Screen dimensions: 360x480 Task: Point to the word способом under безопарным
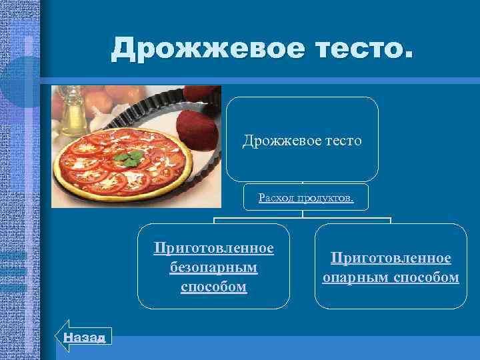tap(213, 287)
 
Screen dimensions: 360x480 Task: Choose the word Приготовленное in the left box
tap(213, 248)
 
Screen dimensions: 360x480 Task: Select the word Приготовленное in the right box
tap(391, 258)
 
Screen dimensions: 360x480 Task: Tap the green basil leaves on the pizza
tap(128, 157)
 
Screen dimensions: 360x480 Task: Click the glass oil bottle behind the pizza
tap(69, 113)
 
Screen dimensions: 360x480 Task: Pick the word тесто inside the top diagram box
tap(339, 141)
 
